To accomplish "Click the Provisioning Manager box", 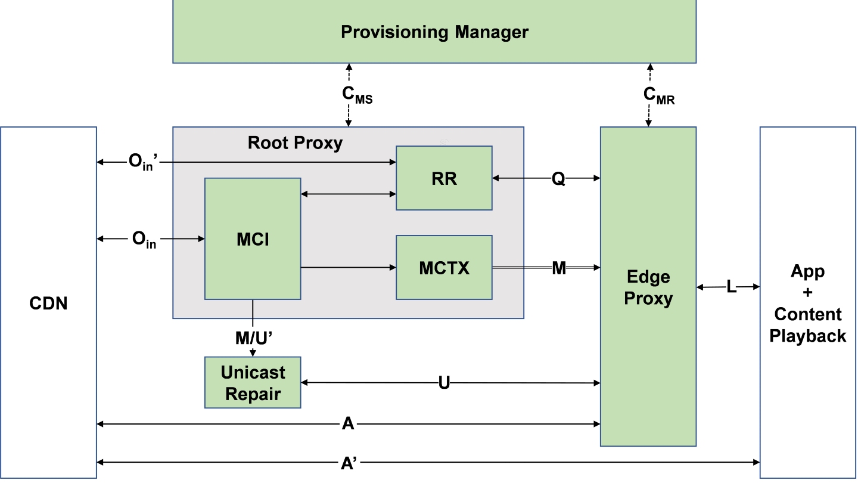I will click(x=434, y=32).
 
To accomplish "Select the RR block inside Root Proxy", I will click(x=444, y=178).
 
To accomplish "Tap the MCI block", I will click(x=253, y=239).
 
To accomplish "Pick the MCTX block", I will click(x=444, y=268).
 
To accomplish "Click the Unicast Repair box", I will click(x=253, y=383).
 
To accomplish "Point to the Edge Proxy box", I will click(x=648, y=287).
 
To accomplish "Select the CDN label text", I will click(x=48, y=304).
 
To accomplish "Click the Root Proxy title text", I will click(x=295, y=143).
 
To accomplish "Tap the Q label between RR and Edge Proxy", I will click(x=558, y=178).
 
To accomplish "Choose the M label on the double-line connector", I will click(x=559, y=268).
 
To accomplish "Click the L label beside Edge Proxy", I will click(x=731, y=287).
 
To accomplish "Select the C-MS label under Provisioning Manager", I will click(x=357, y=95).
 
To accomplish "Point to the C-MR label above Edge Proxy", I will click(x=658, y=95).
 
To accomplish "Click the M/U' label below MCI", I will click(x=254, y=338).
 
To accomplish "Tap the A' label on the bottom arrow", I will click(x=349, y=463).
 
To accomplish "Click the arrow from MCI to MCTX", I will click(x=348, y=268).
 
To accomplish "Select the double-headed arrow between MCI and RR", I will click(x=348, y=194).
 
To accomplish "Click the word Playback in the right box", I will click(x=807, y=336).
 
